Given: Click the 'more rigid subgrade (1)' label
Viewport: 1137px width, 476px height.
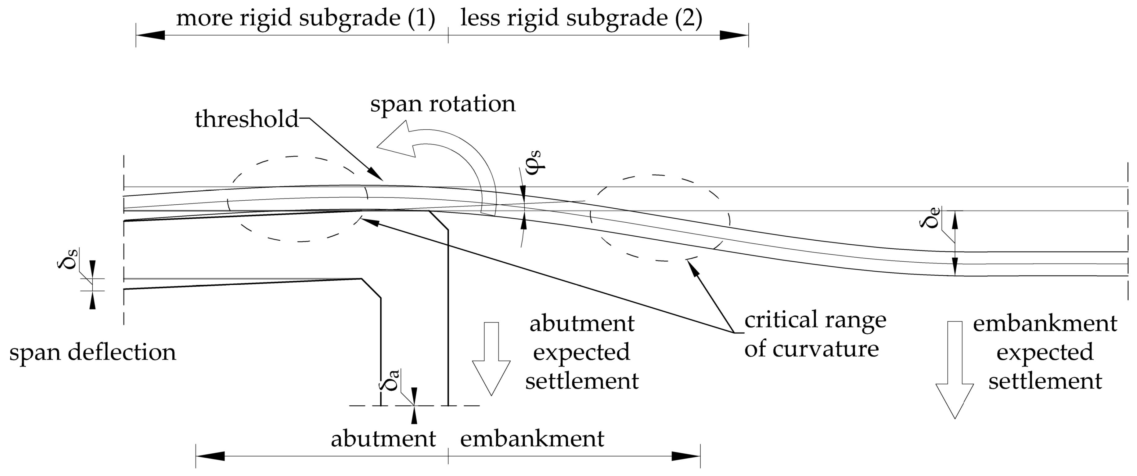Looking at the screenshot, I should (306, 19).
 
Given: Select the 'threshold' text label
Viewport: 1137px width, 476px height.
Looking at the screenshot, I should (247, 119).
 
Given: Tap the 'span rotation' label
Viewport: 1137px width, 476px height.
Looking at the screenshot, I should (443, 104).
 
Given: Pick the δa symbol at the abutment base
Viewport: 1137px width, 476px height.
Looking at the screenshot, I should (390, 380).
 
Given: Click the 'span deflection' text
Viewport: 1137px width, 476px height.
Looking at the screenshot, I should (93, 352).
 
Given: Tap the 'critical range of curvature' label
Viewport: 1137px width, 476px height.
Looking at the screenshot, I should (815, 334).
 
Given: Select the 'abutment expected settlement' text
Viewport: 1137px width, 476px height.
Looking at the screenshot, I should (582, 352).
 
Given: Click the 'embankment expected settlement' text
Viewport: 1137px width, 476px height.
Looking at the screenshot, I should (1045, 352).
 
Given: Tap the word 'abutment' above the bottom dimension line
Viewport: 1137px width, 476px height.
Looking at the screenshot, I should (383, 438).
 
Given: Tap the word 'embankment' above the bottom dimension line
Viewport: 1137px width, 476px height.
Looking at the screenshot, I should (532, 438).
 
